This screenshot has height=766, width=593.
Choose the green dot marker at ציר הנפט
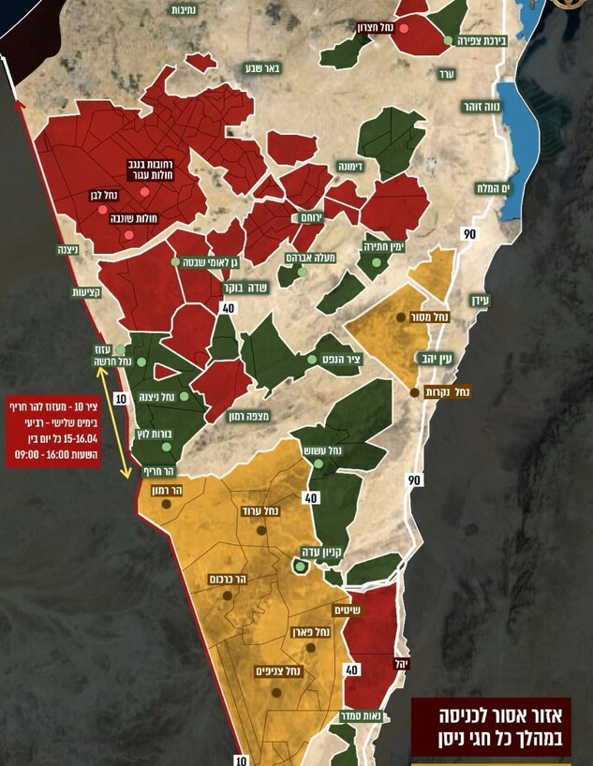coord(312,359)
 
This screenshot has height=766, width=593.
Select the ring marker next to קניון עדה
coord(300,567)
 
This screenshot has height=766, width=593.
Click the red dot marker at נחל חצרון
coord(404,28)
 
